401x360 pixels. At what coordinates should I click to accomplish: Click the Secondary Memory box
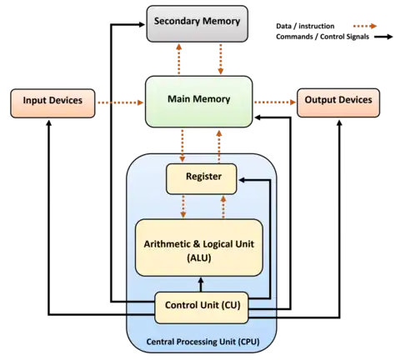pos(197,24)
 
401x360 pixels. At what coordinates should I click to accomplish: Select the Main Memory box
pos(199,102)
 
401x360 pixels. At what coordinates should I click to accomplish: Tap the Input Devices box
pos(53,103)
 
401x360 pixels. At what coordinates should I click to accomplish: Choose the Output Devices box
pos(338,102)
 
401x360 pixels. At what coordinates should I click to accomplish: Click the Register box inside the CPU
pos(202,179)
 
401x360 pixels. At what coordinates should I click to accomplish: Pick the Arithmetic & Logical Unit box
pos(199,247)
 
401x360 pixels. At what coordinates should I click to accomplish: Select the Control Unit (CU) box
pos(202,307)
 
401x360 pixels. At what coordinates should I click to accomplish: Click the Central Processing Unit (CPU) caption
pos(203,342)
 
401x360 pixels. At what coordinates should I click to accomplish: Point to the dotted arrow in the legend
pos(365,26)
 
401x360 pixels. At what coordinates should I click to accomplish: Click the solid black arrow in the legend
pos(383,37)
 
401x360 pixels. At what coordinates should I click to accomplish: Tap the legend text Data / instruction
pos(305,26)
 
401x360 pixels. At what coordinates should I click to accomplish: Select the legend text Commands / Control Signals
pos(323,37)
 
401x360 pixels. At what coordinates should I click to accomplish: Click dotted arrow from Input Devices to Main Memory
pos(121,102)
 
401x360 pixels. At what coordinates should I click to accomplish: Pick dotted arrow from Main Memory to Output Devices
pos(275,102)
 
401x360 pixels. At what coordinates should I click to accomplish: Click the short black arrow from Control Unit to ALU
pos(201,284)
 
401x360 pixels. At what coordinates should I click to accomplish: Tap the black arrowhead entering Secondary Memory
pos(142,25)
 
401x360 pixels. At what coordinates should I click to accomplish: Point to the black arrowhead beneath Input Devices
pos(49,123)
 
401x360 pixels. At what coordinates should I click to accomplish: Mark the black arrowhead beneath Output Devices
pos(339,123)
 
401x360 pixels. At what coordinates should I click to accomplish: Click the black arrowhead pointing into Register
pos(242,180)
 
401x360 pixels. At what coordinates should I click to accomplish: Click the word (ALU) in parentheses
pos(199,258)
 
